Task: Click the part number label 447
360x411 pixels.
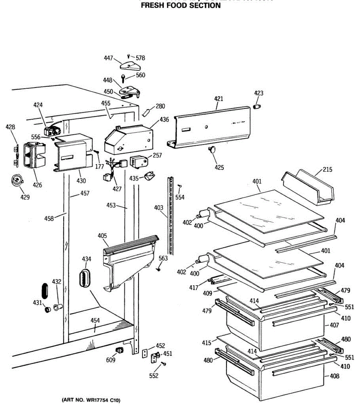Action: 108,59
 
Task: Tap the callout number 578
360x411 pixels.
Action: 140,58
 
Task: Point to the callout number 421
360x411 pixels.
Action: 218,99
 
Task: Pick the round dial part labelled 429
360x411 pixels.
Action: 16,180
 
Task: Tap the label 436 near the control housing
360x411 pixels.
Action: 164,120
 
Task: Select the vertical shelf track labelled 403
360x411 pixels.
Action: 171,216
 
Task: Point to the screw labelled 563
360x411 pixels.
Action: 158,270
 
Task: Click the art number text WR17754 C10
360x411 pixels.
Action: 91,400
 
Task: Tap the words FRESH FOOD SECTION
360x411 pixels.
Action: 181,6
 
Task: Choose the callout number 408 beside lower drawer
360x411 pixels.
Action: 334,376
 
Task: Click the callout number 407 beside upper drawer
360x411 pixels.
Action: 334,325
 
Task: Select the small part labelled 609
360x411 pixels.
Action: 120,350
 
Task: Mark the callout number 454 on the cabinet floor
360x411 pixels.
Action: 95,321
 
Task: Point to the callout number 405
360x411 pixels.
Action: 102,236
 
